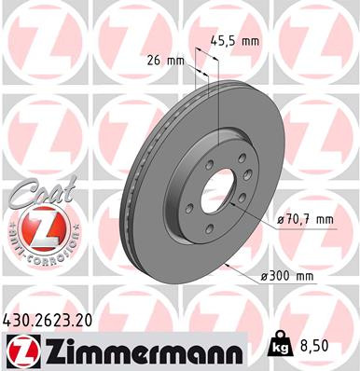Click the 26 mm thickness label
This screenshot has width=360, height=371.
(165, 61)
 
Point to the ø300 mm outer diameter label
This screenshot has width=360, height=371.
(296, 278)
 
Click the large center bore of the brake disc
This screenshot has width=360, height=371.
(221, 191)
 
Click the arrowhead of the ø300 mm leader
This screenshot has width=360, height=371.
(228, 263)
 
